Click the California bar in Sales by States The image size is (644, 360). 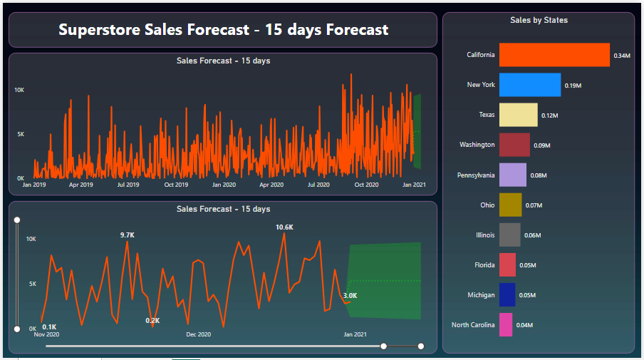tap(554, 55)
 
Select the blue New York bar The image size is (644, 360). tap(530, 85)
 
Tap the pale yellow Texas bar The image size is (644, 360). tap(518, 115)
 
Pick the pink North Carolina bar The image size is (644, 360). tap(506, 324)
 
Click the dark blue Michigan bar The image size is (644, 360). tap(507, 294)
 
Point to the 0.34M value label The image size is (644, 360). tap(622, 56)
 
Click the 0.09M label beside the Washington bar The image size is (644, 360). tap(542, 145)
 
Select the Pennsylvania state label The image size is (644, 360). tap(476, 175)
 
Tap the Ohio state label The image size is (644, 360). tap(487, 205)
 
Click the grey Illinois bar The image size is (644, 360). tap(510, 235)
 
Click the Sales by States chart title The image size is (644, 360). tap(539, 20)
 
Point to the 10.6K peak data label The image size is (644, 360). tap(285, 227)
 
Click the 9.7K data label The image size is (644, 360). tap(128, 235)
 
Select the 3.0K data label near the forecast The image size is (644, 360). tap(350, 295)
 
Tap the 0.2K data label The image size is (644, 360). tap(152, 321)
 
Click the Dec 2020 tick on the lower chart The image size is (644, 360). tap(199, 334)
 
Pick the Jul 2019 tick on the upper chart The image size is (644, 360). tap(128, 185)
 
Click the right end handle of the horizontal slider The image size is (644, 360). tap(421, 346)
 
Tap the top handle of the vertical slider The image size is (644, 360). tap(17, 220)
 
